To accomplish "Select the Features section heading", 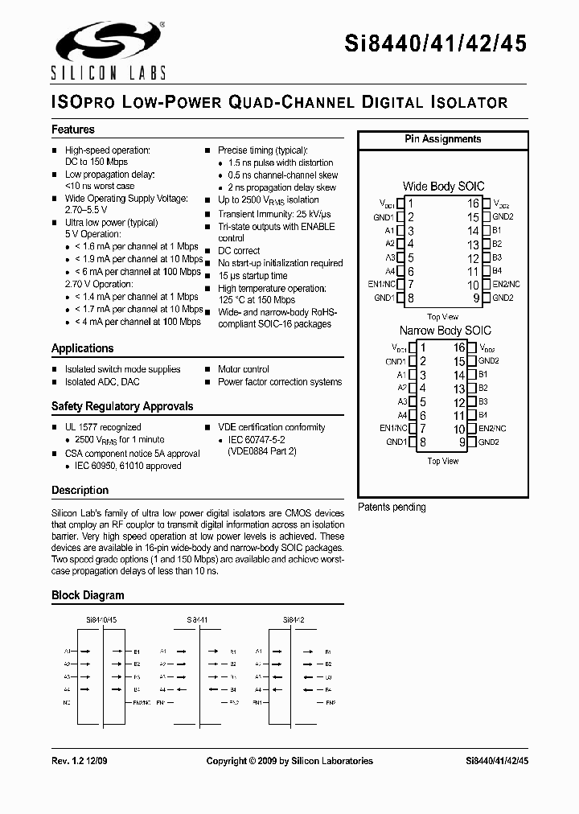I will (73, 129).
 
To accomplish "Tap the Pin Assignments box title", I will (442, 139).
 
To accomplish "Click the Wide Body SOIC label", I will (443, 187).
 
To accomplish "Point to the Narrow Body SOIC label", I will (445, 331).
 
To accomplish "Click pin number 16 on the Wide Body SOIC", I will (474, 204).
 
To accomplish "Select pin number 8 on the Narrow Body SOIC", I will (422, 442).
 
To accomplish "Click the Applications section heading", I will (82, 348).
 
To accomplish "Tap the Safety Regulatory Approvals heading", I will (122, 406).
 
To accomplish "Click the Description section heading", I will (80, 490).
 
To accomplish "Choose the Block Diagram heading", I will (88, 595).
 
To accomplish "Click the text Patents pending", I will (392, 508).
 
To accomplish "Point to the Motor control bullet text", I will (243, 369).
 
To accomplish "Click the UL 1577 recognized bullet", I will (102, 427).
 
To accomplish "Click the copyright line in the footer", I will (289, 760).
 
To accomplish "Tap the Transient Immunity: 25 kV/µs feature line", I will (274, 214).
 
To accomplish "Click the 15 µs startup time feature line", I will (253, 276).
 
